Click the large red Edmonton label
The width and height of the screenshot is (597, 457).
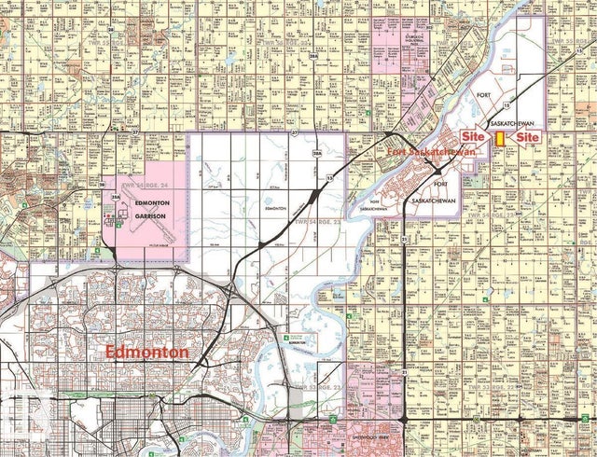tap(146, 353)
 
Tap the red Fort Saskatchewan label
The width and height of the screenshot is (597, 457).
tap(429, 152)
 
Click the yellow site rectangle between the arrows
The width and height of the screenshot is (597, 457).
tap(501, 137)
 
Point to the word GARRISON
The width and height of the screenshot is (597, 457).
tap(150, 215)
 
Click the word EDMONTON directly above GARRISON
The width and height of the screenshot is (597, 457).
tap(150, 203)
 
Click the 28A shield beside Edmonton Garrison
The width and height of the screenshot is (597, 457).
tap(114, 197)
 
